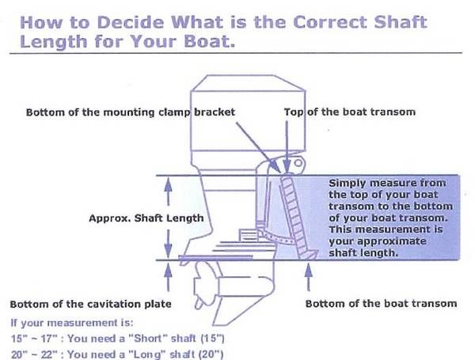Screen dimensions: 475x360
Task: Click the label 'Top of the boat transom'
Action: click(350, 112)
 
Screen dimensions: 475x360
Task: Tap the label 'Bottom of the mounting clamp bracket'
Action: click(131, 112)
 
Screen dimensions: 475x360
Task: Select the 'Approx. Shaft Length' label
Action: click(146, 218)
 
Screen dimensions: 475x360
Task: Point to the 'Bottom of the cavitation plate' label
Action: click(90, 304)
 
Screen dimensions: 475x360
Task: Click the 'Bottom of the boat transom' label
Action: click(381, 303)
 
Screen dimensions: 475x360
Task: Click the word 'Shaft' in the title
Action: click(401, 22)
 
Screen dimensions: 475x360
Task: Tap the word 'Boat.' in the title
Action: click(209, 41)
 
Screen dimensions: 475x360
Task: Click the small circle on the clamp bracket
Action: click(298, 163)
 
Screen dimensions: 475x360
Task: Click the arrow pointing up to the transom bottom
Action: click(309, 277)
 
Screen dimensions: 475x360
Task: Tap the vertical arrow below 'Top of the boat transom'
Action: click(287, 146)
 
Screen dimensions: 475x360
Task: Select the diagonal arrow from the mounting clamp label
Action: click(258, 146)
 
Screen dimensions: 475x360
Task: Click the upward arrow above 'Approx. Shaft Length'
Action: click(168, 191)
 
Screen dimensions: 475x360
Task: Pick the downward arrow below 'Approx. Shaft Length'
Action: click(168, 244)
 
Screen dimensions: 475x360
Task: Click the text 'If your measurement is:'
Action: click(72, 323)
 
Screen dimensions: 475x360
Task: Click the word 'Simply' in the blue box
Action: click(347, 184)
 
